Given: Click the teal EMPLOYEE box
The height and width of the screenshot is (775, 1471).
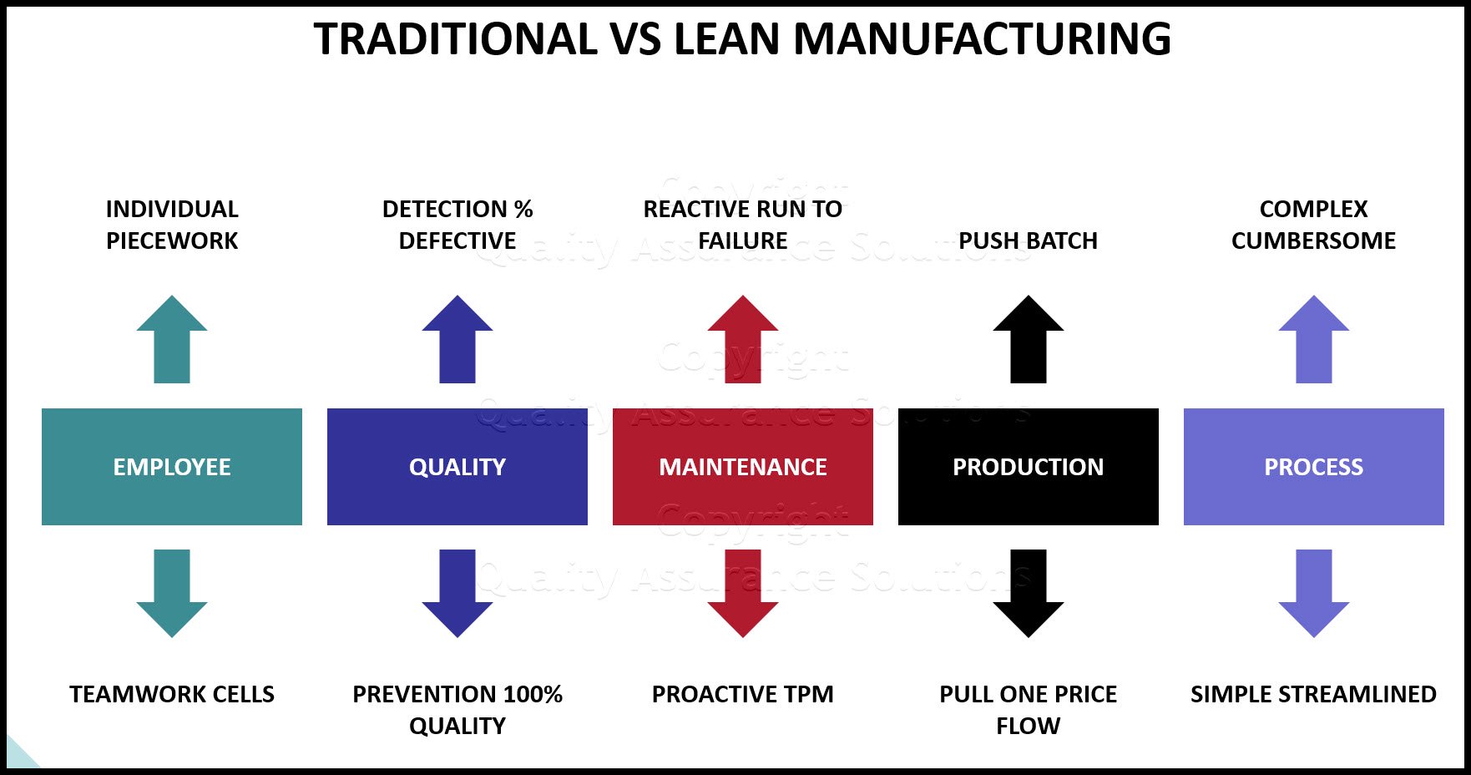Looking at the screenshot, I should (172, 466).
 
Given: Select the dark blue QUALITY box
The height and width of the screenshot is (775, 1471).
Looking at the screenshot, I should (457, 466).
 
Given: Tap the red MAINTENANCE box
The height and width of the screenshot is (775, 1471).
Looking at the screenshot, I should (742, 466).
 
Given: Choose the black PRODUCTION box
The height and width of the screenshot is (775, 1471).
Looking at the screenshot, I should (1028, 466).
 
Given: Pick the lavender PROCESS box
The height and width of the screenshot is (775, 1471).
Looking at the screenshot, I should (1313, 466).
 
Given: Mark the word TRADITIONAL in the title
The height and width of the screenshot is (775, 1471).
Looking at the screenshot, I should (455, 39).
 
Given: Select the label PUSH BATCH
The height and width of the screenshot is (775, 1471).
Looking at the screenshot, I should (1028, 241).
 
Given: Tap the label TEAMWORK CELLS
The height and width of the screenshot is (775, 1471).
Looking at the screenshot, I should (172, 694).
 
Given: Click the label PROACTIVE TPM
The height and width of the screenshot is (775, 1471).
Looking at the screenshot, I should (742, 694).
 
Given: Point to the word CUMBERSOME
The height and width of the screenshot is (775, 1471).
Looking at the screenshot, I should (1313, 241).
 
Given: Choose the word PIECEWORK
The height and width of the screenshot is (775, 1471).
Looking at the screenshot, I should (172, 241).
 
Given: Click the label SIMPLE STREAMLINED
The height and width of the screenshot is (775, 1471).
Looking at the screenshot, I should (1313, 694).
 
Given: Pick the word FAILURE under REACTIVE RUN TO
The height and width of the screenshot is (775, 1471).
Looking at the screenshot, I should (742, 241).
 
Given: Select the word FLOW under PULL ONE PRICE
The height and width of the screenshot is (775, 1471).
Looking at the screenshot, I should (1028, 726).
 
